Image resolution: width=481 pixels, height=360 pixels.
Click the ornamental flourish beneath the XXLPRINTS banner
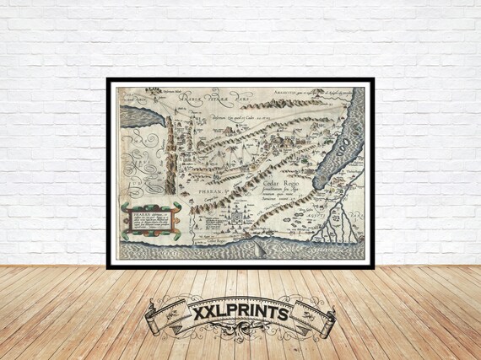click(240, 344)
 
